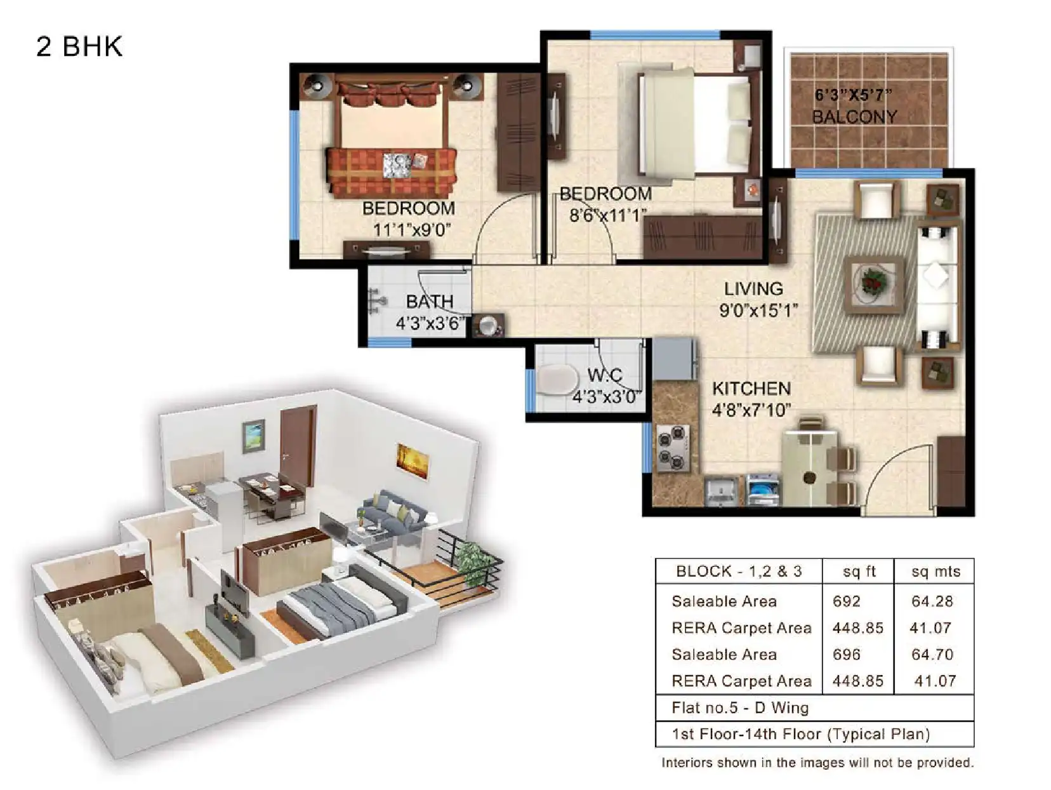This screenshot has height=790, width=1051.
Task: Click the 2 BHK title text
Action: [x=79, y=47]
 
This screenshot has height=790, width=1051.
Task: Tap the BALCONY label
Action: [x=854, y=117]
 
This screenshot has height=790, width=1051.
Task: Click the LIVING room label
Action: [x=753, y=289]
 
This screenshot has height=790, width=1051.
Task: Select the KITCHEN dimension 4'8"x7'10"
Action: [x=751, y=410]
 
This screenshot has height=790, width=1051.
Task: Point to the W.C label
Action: [x=604, y=375]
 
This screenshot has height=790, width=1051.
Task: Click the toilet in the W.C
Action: [x=556, y=379]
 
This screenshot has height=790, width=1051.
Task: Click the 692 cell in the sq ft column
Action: [x=847, y=601]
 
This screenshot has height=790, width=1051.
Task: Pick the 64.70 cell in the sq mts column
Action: [x=932, y=654]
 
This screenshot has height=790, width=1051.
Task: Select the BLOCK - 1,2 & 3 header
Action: [x=739, y=571]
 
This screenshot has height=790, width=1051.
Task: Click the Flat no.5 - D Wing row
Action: [x=740, y=707]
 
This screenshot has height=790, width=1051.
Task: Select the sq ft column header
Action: [x=859, y=571]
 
